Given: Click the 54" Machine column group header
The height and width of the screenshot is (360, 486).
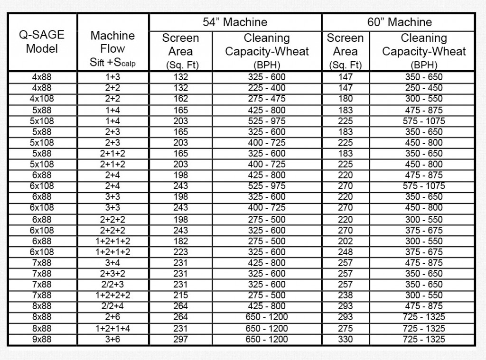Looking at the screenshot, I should [235, 22].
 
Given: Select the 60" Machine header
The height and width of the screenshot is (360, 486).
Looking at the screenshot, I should [399, 22].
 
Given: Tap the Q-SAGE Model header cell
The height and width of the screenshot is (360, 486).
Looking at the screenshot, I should [41, 42].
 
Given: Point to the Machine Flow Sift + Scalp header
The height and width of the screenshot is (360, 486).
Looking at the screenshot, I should [112, 48].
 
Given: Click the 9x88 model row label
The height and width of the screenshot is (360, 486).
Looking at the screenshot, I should [42, 339].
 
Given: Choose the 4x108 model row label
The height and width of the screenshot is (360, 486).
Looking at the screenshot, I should [42, 99].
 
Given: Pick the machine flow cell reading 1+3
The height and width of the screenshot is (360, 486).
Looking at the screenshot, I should [112, 77].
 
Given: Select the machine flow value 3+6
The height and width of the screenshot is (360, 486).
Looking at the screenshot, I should [112, 339].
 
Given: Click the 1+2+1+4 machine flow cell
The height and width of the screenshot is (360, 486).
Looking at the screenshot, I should [112, 328].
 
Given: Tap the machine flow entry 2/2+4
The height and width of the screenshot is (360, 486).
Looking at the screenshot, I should [112, 306].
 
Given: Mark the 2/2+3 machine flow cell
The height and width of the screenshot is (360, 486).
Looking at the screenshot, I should [112, 285].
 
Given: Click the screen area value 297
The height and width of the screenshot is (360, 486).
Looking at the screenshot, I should [180, 339].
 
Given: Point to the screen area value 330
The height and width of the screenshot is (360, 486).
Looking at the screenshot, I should [345, 339].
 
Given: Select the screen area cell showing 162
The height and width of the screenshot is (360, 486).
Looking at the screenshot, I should [180, 99].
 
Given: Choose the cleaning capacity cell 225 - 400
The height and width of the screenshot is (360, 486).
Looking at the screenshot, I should [267, 88].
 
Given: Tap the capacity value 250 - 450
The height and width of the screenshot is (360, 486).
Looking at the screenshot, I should [424, 88].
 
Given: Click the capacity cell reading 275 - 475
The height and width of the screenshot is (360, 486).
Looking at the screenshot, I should [267, 99].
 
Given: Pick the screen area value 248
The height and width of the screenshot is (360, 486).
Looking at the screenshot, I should [345, 252].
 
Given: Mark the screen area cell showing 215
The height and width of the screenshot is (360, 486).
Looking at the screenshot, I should [180, 295].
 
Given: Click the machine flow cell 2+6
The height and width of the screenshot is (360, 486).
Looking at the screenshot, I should [112, 317].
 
